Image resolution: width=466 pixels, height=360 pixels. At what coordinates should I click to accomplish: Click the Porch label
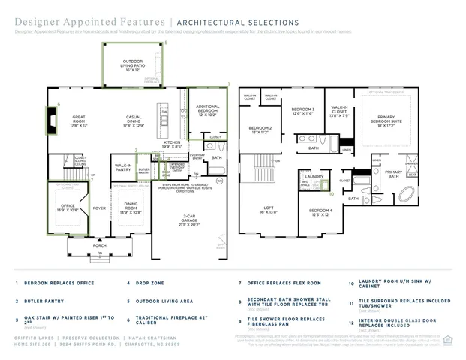coord(99,244)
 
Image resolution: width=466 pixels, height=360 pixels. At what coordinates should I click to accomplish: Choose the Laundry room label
coord(314,177)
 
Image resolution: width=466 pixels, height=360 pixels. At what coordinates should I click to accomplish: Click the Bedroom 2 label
coord(260,129)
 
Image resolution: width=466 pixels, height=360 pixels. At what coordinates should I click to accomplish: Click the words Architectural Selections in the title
coord(239,22)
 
